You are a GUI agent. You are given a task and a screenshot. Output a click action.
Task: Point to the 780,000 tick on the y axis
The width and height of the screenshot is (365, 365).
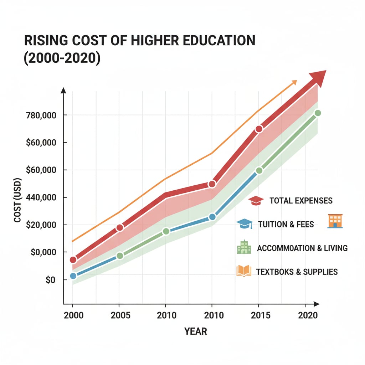point(42,115)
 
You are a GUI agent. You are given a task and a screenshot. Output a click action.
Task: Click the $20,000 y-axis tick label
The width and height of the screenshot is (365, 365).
point(42,225)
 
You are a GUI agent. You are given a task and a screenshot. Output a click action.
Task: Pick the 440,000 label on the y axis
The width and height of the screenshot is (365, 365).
point(42,197)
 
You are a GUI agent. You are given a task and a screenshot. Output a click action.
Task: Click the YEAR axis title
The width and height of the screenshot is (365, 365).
point(196,331)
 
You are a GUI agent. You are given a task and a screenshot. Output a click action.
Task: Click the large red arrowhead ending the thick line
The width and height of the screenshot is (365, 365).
point(318,78)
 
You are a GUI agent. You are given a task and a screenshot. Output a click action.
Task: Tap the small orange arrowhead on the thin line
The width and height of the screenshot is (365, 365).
point(294,82)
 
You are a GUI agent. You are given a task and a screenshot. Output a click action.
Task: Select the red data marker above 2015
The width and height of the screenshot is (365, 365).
point(259,129)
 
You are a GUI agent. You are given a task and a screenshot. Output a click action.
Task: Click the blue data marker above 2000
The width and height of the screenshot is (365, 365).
point(73,276)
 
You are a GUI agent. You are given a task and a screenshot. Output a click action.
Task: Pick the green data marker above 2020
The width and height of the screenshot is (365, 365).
point(318,113)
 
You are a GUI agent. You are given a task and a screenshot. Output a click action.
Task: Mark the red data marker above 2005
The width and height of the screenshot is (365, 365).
point(120,227)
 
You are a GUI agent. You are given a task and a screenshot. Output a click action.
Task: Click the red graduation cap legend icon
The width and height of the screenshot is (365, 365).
point(256,201)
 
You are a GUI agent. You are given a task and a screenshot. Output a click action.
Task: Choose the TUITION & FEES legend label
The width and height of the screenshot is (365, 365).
point(286,224)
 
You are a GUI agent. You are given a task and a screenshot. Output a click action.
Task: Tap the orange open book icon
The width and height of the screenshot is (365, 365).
point(244,271)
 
